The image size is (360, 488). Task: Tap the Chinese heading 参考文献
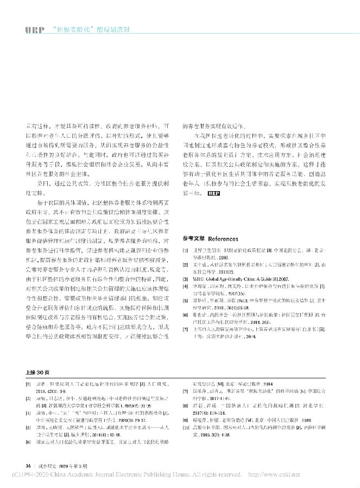click(194, 238)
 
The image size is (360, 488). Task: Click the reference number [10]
click(186, 434)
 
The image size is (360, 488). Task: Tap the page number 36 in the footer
click(23, 465)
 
